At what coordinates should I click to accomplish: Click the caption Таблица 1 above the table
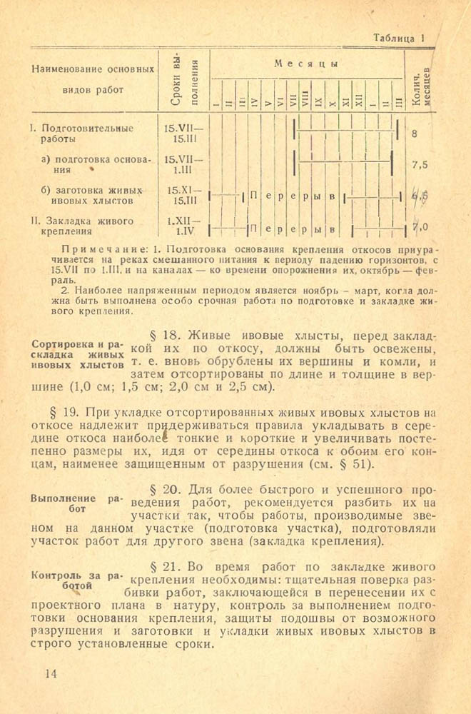pos(400,39)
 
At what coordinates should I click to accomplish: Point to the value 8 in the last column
pos(415,134)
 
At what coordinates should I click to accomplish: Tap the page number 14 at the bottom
pos(51,673)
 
